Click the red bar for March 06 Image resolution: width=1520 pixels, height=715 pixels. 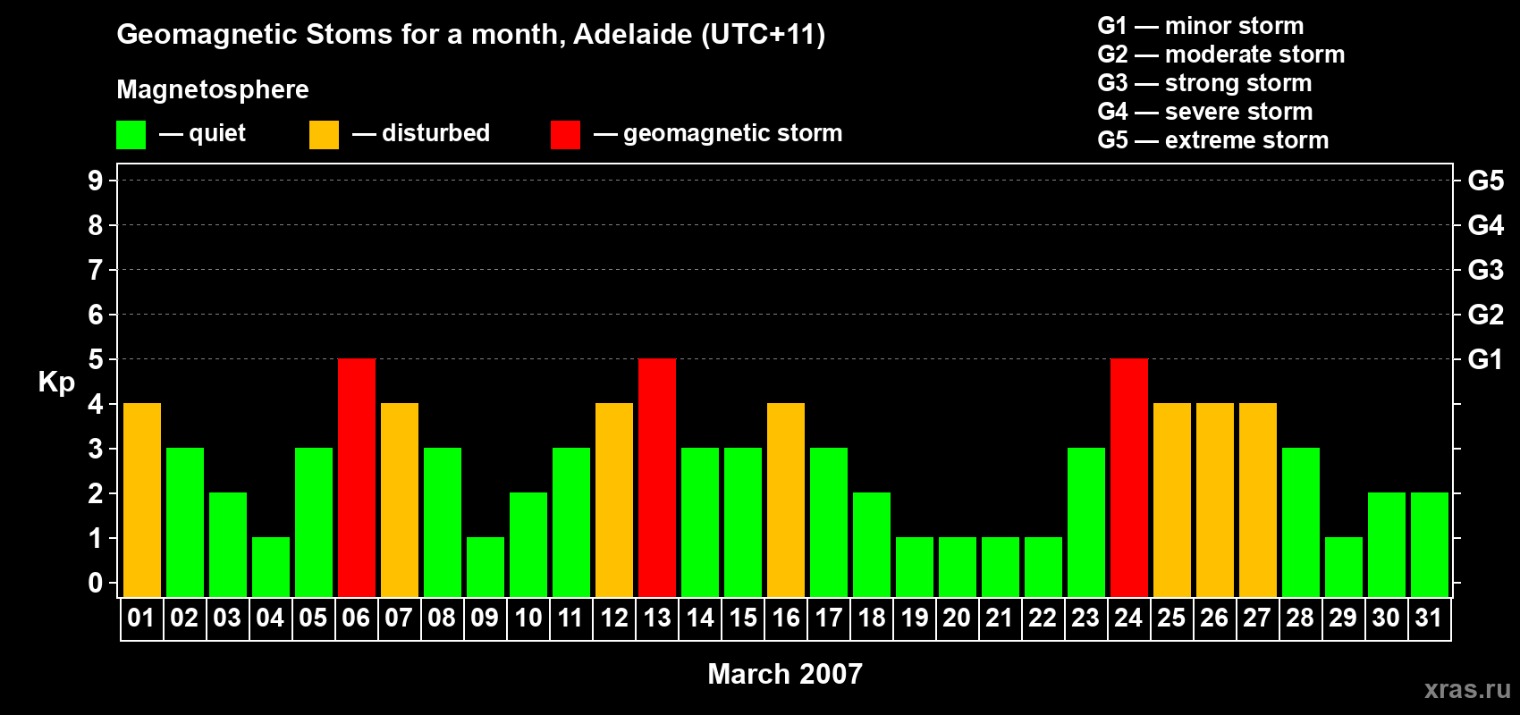pos(357,477)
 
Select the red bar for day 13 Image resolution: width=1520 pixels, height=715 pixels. pos(657,477)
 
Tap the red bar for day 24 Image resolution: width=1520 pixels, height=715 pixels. pos(1129,477)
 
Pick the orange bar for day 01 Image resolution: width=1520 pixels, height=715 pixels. pos(142,500)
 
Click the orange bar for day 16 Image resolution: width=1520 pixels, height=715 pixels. pos(786,500)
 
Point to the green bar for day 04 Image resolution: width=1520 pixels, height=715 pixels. pos(271,567)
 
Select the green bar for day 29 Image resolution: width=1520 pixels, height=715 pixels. pos(1344,567)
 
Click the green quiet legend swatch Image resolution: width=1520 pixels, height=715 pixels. pos(131,135)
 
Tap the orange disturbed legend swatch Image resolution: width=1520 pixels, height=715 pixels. pos(324,135)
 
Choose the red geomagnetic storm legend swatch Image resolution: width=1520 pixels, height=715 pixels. pos(565,135)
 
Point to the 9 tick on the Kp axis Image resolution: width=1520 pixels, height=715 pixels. pos(96,181)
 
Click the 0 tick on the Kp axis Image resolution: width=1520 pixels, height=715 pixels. pos(96,584)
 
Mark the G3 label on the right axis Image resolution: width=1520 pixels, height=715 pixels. pos(1485,270)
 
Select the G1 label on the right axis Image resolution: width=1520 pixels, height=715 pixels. pos(1485,359)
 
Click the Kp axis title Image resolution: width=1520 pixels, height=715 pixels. pos(56,383)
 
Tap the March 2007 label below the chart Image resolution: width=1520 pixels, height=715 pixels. pos(785,674)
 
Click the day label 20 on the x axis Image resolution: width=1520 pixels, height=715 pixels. pos(957,618)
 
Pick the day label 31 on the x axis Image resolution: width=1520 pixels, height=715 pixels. pos(1429,618)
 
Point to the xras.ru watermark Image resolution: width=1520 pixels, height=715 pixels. pos(1467,689)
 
